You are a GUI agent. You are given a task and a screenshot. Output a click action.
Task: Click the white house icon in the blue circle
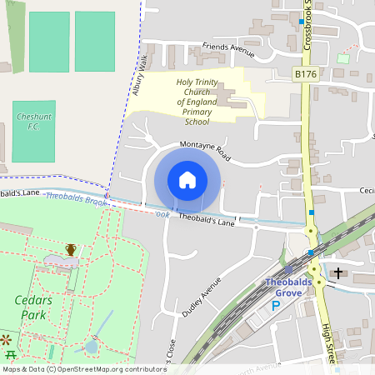point(187,180)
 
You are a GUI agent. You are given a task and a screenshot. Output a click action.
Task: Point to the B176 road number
point(306,75)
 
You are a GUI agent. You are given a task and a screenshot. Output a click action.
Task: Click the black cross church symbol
point(338,272)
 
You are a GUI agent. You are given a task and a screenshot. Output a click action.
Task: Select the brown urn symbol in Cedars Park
point(71,249)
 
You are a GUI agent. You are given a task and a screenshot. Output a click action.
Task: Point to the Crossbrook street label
point(307,25)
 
